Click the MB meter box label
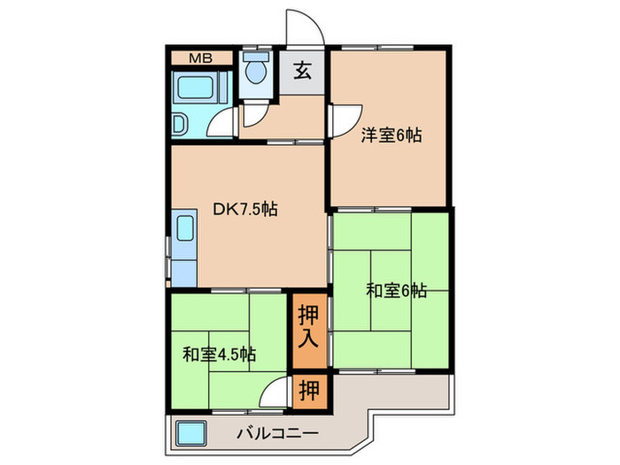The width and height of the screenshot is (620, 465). pos(199,59)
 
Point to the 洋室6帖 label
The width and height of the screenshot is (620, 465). pos(391,136)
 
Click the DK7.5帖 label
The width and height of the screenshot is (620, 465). pos(246,210)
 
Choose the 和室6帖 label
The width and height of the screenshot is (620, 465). pos(397,290)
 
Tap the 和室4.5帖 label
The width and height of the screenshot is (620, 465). pos(220,354)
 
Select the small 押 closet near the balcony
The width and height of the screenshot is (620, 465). pos(309,388)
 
